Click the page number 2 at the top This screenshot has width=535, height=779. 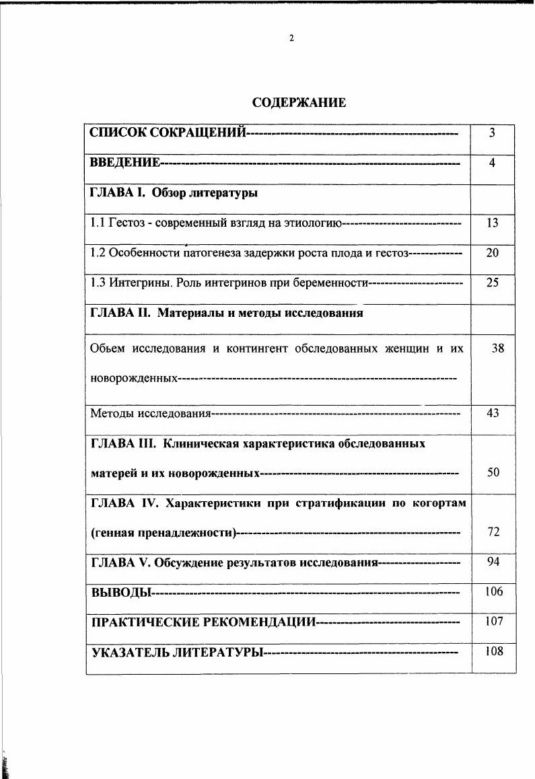[291, 38]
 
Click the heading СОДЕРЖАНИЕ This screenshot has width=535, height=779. [299, 103]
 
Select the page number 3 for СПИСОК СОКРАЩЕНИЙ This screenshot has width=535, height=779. [492, 133]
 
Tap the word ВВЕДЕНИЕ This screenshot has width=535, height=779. [124, 163]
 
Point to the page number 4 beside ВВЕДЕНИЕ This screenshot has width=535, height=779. [492, 163]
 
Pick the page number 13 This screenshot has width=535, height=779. [492, 223]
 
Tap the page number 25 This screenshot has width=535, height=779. [492, 283]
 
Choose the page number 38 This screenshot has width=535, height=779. [497, 348]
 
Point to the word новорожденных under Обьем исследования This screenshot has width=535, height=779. [133, 379]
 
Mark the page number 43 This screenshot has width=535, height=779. [492, 413]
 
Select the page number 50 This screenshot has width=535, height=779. [493, 473]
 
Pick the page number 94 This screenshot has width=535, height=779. [493, 561]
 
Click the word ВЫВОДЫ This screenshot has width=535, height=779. [118, 593]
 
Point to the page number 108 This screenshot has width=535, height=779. [494, 651]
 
